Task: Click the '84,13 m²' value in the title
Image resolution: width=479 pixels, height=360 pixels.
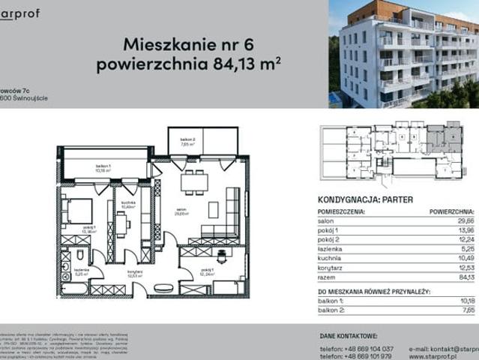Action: coord(241,64)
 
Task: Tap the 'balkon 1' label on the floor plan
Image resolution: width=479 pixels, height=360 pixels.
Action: coord(103,166)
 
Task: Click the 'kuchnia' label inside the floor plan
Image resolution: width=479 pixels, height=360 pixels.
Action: coord(127,204)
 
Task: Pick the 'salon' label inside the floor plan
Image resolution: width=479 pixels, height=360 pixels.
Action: coord(181,211)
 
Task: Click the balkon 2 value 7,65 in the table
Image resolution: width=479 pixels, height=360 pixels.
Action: coord(466,308)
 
